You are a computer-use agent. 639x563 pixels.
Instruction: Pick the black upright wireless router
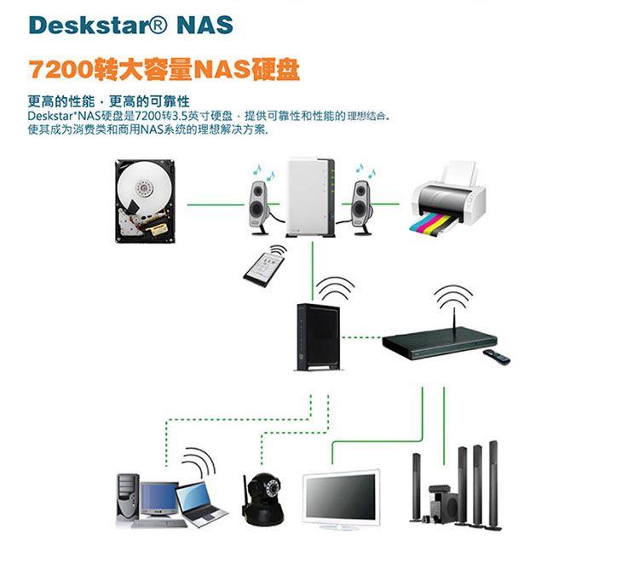tap(318, 336)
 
